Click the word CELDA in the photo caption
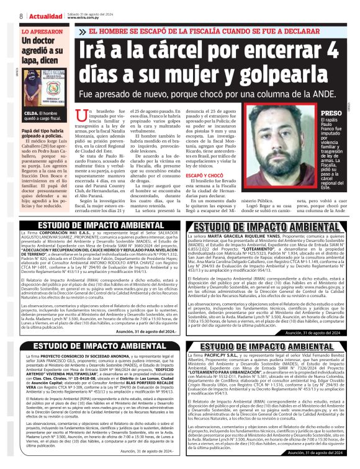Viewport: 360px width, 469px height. click(31, 114)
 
